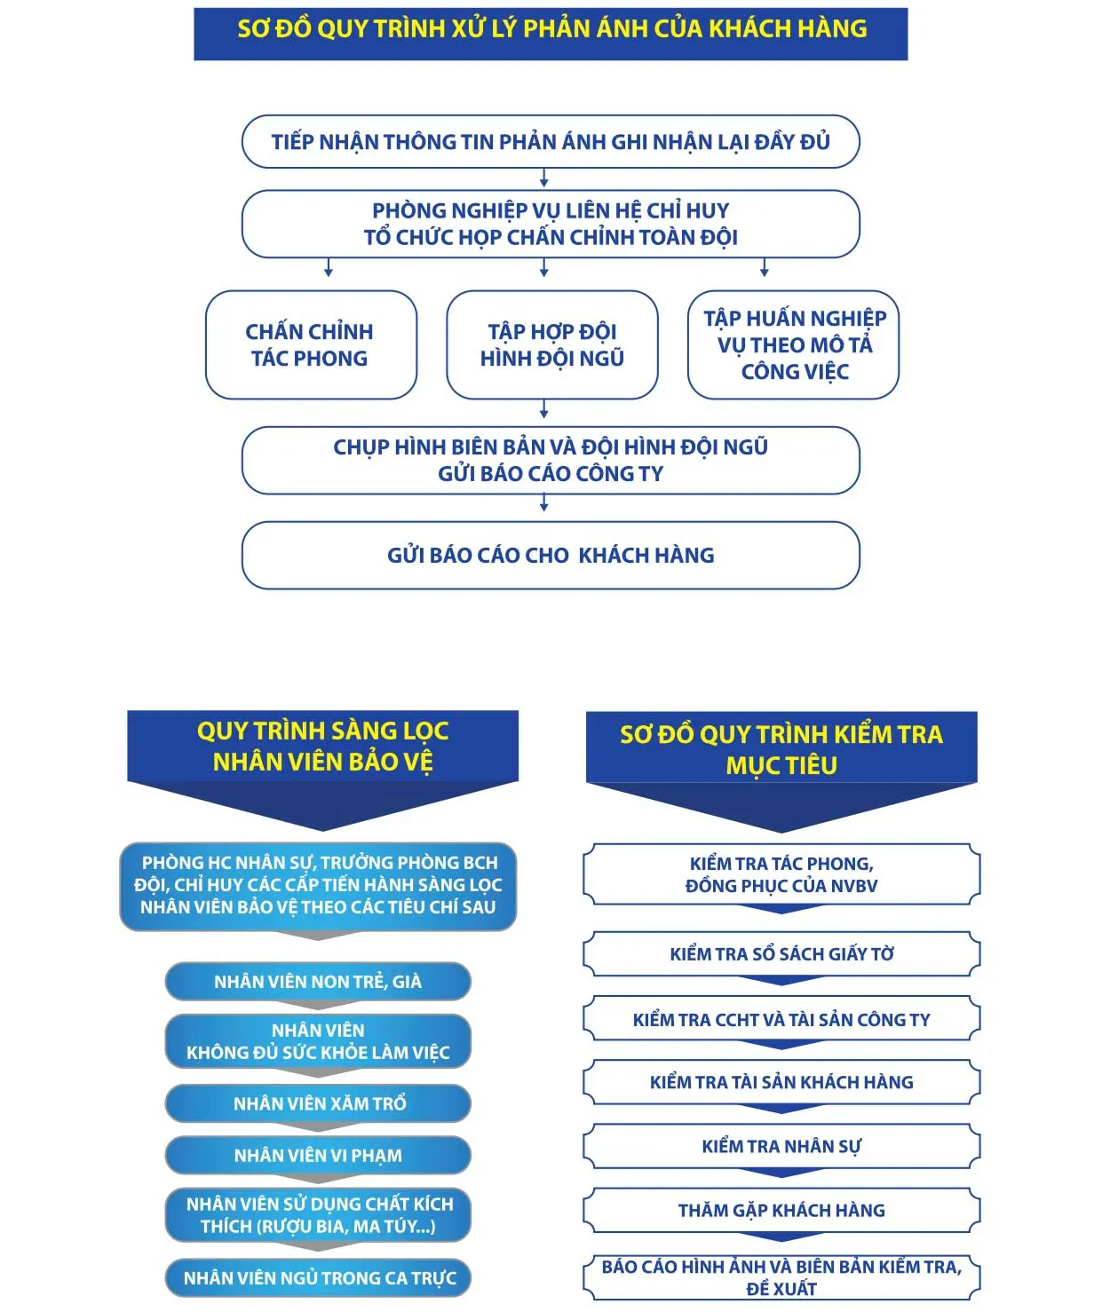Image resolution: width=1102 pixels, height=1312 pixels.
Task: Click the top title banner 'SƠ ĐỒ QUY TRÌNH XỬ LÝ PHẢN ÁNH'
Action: click(x=551, y=34)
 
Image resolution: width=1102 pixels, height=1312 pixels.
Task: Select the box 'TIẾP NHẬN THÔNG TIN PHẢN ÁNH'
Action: click(x=551, y=141)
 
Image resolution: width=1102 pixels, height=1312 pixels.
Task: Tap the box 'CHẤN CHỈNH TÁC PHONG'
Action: click(x=311, y=344)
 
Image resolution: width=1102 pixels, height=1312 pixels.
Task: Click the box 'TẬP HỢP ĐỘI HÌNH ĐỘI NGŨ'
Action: click(x=551, y=344)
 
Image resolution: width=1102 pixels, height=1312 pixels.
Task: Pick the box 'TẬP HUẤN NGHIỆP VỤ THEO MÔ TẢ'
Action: click(x=793, y=344)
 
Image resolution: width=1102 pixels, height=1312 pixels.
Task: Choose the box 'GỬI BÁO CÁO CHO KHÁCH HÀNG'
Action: click(x=551, y=555)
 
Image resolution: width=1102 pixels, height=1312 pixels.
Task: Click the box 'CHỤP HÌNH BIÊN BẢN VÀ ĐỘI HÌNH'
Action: click(x=551, y=460)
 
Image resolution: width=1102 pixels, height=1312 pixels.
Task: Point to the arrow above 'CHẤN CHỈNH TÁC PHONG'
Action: click(x=329, y=268)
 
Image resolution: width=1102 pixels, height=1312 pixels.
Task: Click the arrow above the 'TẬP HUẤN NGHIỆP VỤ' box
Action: click(x=765, y=268)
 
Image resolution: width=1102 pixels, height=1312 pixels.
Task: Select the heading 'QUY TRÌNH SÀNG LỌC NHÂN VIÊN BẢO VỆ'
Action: click(x=322, y=747)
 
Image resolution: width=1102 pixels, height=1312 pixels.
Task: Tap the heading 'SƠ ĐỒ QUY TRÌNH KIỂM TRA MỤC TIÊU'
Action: click(x=781, y=748)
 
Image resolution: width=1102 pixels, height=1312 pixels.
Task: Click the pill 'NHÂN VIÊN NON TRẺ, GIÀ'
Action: click(x=318, y=982)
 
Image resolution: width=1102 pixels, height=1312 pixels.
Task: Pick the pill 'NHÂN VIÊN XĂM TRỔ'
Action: click(x=318, y=1103)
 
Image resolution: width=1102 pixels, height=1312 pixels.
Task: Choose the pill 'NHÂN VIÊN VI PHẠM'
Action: click(x=318, y=1155)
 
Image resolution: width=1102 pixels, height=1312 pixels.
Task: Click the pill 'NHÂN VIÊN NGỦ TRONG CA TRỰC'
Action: click(x=318, y=1278)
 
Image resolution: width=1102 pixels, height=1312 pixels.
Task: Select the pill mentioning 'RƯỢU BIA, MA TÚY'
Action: click(x=318, y=1214)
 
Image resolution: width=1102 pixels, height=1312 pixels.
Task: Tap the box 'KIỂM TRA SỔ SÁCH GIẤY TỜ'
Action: click(x=781, y=954)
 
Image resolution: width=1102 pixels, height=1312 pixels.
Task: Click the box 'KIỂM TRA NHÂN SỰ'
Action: click(x=781, y=1146)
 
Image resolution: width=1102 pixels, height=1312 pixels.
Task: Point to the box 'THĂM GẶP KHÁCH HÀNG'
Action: click(x=781, y=1210)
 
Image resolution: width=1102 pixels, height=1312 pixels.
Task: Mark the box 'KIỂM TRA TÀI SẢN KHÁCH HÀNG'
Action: click(x=781, y=1082)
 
